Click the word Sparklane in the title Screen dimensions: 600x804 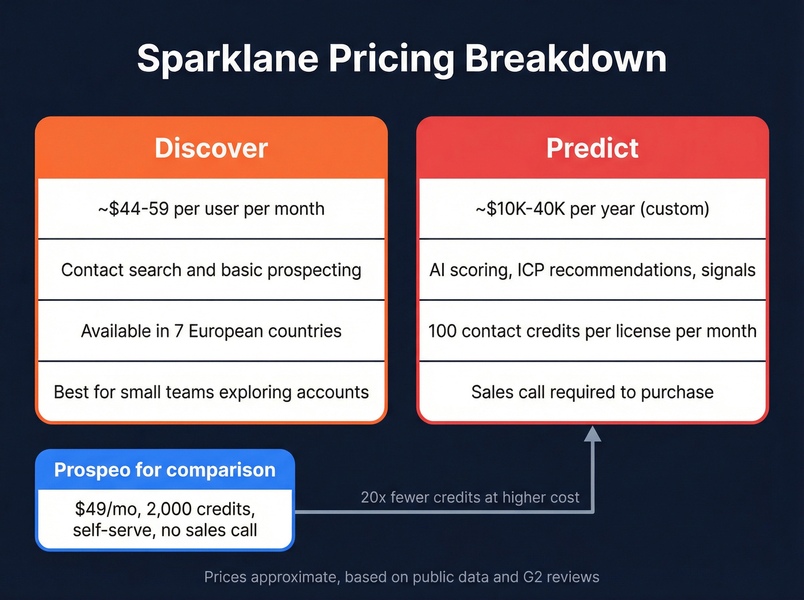227,59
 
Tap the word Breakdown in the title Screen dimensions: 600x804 565,59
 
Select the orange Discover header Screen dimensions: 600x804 211,148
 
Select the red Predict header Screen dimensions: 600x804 592,148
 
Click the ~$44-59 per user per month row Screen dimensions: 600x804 211,209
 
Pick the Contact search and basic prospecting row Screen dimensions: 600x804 211,270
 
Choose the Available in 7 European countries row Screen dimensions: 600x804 211,331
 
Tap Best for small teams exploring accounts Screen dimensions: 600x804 211,392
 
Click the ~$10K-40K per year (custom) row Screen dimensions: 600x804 592,209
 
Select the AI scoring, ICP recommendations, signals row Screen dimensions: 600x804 592,270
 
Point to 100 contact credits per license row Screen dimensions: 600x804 592,331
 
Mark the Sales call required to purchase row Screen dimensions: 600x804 592,392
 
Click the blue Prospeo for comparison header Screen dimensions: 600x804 165,470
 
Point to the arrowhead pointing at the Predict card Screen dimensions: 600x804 592,434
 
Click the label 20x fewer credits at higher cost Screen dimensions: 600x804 470,497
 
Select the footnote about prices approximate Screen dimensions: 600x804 401,577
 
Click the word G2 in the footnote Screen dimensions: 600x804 532,577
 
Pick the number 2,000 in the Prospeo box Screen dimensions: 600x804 169,509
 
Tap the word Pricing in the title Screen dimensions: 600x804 391,59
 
